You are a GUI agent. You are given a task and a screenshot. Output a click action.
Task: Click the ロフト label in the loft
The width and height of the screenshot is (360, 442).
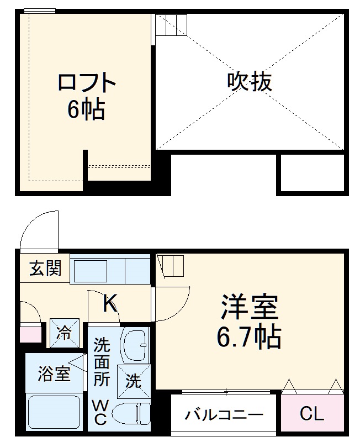click(x=87, y=83)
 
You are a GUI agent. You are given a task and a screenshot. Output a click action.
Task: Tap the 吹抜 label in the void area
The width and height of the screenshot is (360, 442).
click(x=249, y=82)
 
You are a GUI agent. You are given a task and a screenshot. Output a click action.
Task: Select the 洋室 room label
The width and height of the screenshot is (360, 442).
click(x=249, y=307)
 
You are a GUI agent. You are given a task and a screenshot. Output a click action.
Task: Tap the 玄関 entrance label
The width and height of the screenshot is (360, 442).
click(x=45, y=270)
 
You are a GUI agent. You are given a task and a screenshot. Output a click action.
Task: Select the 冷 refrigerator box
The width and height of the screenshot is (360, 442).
click(x=65, y=333)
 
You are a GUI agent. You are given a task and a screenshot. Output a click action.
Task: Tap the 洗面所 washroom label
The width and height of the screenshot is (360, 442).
click(x=101, y=362)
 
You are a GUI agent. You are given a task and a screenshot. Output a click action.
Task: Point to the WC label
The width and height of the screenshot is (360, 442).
click(x=99, y=412)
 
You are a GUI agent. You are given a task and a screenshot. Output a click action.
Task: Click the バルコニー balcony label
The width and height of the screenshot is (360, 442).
click(x=224, y=415)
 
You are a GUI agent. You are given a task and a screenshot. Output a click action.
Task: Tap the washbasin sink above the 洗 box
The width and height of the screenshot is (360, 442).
click(x=134, y=346)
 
